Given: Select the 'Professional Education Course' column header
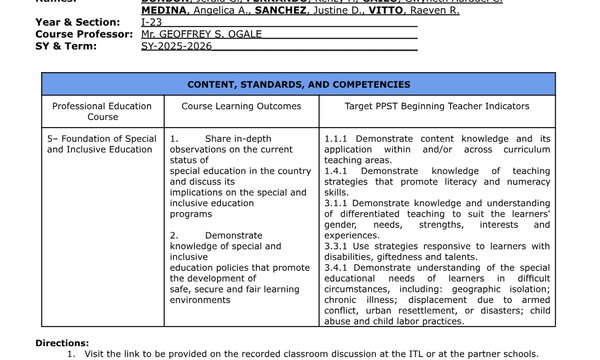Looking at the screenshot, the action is point(102,111).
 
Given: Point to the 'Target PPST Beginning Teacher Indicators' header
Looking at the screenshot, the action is point(437,105).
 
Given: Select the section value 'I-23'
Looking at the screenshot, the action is point(151,21).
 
